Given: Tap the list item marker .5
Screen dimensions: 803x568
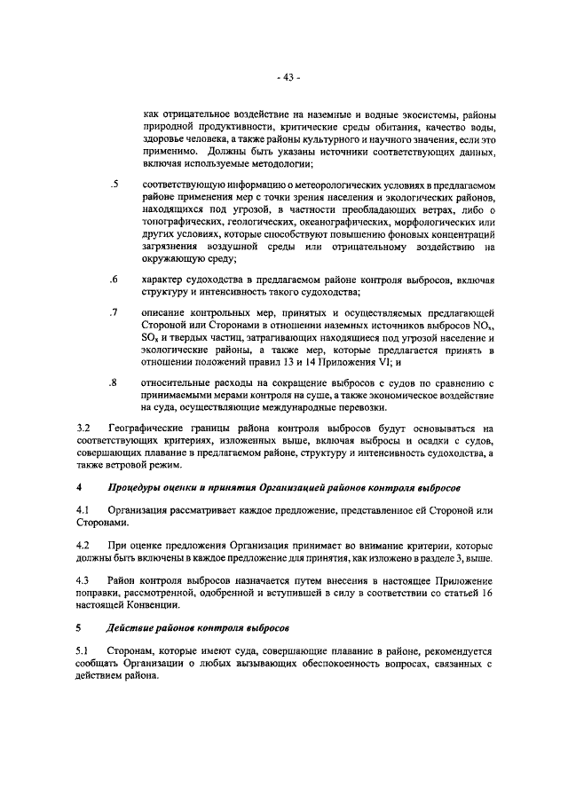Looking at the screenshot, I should coord(114,184).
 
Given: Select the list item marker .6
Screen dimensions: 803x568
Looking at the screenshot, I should coord(114,279).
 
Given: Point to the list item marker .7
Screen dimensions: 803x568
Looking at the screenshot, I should coord(114,313).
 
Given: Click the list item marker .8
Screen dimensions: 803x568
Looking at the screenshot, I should coord(114,382).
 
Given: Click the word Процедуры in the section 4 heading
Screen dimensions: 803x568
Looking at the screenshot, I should coord(138,488).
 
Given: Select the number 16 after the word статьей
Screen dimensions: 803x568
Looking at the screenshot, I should coord(485,593).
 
